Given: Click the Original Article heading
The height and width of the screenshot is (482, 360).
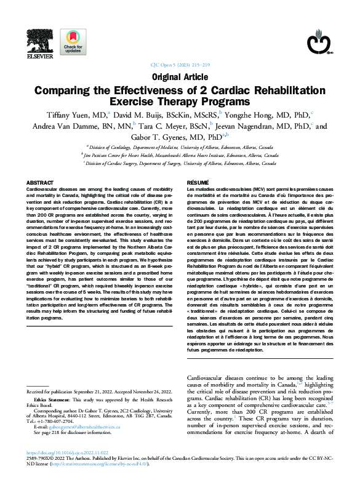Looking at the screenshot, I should [179, 78].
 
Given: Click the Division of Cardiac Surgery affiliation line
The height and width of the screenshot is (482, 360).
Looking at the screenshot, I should [180, 164].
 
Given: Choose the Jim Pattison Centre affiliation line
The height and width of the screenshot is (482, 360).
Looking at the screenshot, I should [180, 156].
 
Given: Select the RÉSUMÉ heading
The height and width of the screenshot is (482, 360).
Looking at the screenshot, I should [198, 183].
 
